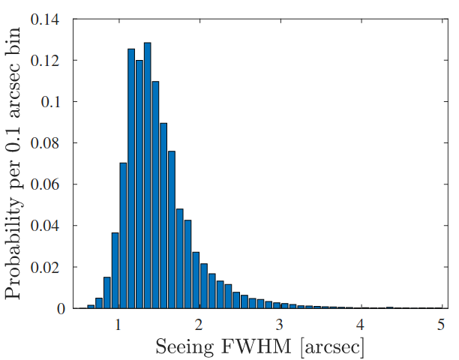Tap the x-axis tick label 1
[118, 325]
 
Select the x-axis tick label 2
[199, 325]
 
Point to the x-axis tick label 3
[280, 325]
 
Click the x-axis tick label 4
[361, 325]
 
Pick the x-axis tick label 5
[441, 325]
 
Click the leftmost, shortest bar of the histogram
[91, 307]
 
